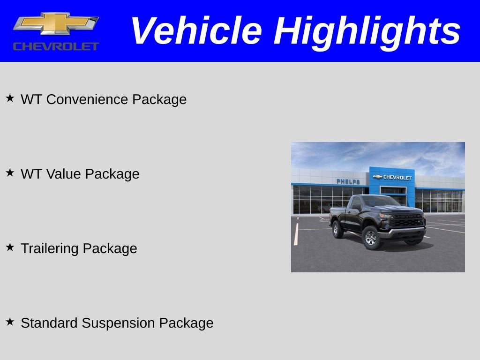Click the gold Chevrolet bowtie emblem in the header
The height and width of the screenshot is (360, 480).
pos(56,23)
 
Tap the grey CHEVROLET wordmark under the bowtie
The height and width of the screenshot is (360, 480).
pos(56,46)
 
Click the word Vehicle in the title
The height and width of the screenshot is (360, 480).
pos(195,31)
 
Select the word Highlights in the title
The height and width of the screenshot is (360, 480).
pos(367,31)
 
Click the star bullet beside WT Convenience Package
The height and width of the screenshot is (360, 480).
pos(10,98)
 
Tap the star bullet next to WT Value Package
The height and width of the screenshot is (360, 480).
pos(10,172)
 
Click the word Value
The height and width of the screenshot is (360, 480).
pos(64,174)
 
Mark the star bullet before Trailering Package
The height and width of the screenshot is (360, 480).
pos(10,247)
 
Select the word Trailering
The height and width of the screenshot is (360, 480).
pos(50,248)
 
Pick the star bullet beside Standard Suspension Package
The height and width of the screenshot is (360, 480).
pos(10,322)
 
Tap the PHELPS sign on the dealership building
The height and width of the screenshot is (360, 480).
pos(348,181)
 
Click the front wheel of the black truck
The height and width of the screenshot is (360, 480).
pos(371,238)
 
